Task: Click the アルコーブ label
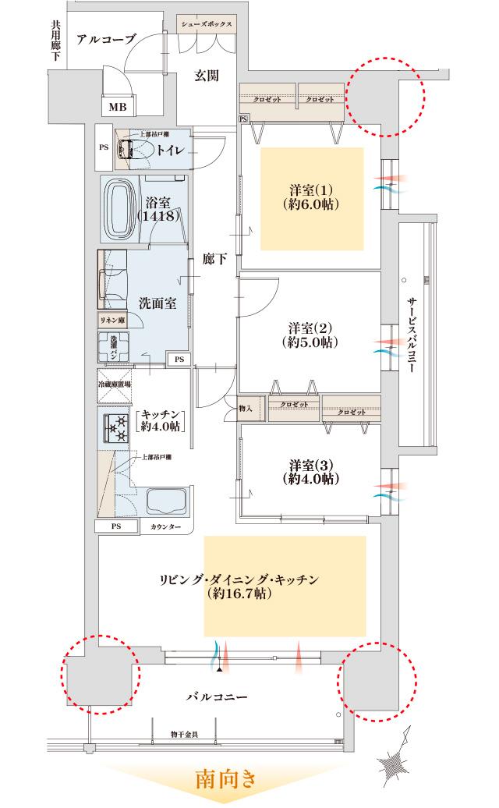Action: [107, 40]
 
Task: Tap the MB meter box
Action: [117, 107]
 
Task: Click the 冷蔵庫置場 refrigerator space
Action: [114, 384]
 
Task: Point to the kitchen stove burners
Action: [116, 428]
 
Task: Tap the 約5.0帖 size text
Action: [310, 342]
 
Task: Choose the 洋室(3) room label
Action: [310, 465]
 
